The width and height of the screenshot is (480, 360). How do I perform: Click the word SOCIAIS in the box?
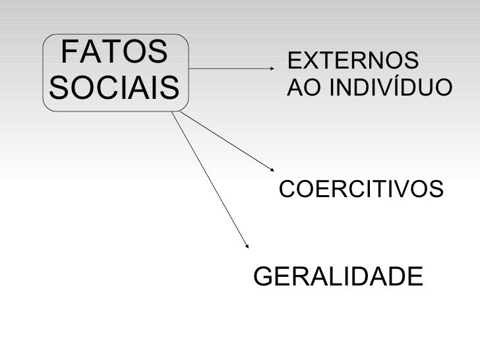113,88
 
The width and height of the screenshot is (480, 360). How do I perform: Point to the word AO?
301,88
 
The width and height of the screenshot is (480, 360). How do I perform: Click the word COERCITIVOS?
362,190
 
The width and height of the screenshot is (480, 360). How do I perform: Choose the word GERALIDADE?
338,276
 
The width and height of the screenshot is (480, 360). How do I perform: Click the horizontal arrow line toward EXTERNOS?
231,67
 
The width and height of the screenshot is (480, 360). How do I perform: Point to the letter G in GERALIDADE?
264,276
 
